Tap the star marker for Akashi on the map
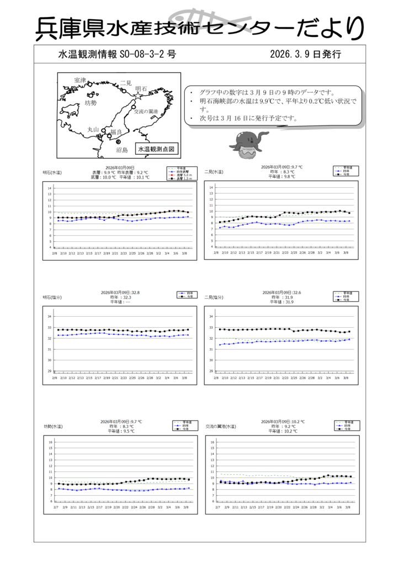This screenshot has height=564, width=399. pyautogui.click(x=137, y=95)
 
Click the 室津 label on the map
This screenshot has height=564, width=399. pyautogui.click(x=80, y=80)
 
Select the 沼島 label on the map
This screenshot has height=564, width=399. pyautogui.click(x=121, y=149)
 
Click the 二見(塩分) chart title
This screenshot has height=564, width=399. pyautogui.click(x=214, y=297)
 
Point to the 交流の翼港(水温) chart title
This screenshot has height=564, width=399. pyautogui.click(x=220, y=426)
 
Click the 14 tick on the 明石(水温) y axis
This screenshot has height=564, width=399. pyautogui.click(x=49, y=188)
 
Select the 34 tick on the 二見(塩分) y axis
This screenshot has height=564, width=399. pyautogui.click(x=211, y=317)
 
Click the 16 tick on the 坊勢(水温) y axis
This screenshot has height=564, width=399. pyautogui.click(x=50, y=442)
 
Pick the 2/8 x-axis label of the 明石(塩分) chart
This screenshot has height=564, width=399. pyautogui.click(x=55, y=378)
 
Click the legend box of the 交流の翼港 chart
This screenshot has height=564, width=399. pyautogui.click(x=343, y=426)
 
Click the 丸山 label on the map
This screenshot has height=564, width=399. pyautogui.click(x=93, y=129)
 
